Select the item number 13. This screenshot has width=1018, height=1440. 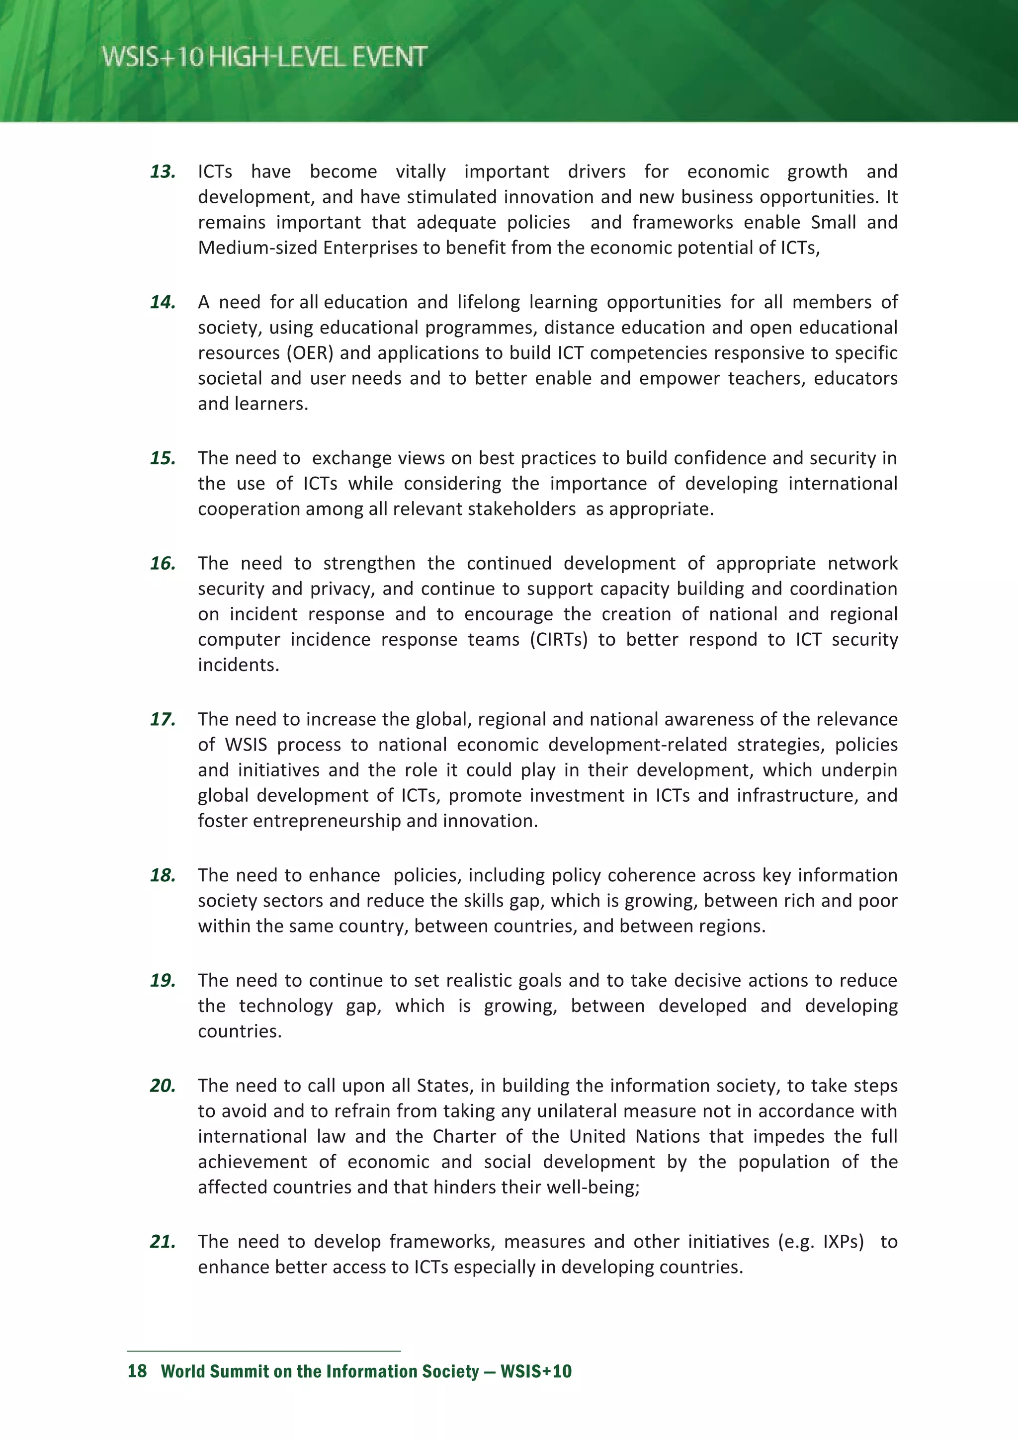[163, 172]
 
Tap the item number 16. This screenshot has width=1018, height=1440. [163, 563]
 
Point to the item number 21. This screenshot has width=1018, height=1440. [163, 1241]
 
